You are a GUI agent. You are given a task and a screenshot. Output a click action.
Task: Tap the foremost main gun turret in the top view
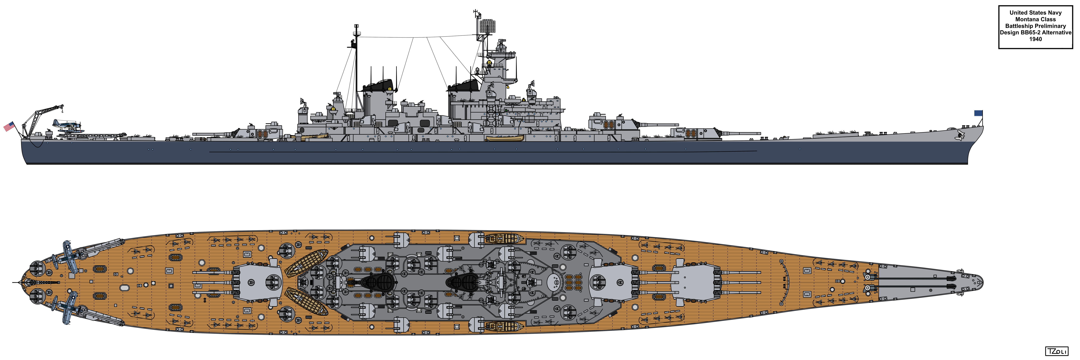coord(695,282)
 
